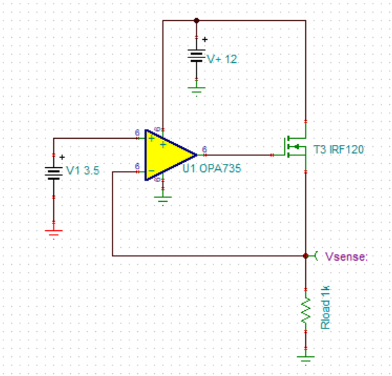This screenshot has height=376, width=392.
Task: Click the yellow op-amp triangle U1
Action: (168, 154)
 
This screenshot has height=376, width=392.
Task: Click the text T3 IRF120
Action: (339, 150)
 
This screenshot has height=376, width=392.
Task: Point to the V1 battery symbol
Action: (54, 172)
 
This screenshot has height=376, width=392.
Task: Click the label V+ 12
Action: (222, 60)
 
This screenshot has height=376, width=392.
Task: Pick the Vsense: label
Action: (346, 257)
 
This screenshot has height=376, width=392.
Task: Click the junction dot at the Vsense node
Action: (306, 256)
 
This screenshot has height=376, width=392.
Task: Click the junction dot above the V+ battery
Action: (197, 20)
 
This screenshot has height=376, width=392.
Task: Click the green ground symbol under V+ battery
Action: (197, 89)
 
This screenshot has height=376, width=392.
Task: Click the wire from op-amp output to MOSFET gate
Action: (238, 154)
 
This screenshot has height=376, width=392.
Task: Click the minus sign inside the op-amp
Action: (151, 170)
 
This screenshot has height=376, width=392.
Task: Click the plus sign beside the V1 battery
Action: (62, 157)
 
